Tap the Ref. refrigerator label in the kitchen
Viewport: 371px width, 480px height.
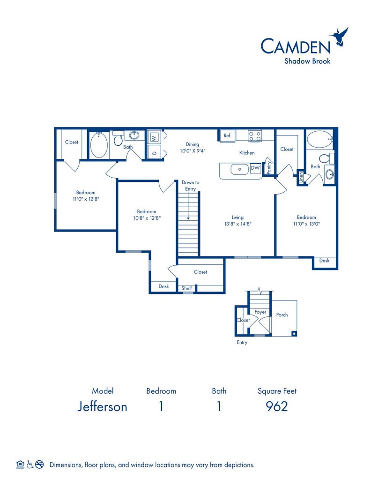tap(227, 135)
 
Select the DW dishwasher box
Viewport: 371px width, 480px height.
tap(255, 168)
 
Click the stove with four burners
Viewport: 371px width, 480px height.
tap(255, 135)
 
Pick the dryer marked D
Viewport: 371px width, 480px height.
tap(154, 152)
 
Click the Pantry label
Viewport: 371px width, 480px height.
tap(269, 167)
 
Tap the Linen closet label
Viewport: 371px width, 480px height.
tap(301, 177)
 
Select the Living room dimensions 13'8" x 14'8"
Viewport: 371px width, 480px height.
tap(237, 224)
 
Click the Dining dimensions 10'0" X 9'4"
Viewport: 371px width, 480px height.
tap(193, 150)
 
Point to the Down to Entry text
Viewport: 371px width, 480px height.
tap(190, 186)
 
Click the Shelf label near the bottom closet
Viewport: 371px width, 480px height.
tap(186, 288)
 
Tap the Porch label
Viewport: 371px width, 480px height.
tap(282, 315)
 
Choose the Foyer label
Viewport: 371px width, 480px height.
tap(260, 312)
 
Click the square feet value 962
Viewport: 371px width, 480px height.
tap(277, 406)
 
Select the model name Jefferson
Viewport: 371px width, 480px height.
tap(102, 406)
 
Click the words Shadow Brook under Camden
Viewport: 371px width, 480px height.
tap(307, 61)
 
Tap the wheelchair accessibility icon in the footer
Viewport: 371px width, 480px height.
tap(30, 465)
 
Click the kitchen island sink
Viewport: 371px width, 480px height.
tap(239, 169)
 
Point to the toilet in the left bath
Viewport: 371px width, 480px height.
tap(118, 138)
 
